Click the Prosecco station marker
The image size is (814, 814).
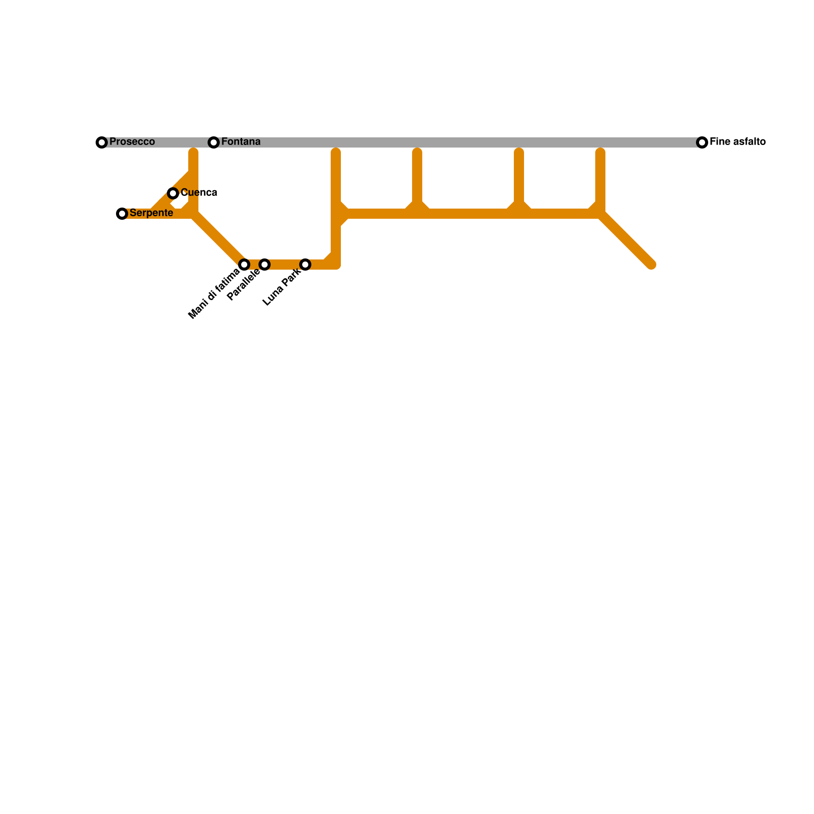[x=102, y=142]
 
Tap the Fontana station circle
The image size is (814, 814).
[x=214, y=142]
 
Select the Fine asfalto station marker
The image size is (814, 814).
[x=702, y=142]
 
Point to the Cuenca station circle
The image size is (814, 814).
[x=173, y=193]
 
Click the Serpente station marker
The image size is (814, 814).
[x=122, y=214]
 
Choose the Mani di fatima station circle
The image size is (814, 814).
[x=244, y=265]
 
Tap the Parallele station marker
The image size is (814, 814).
[x=265, y=265]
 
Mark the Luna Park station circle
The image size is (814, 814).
[x=305, y=265]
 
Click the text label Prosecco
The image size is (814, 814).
[x=132, y=141]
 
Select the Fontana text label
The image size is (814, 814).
[x=241, y=141]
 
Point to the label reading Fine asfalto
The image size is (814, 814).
[x=737, y=141]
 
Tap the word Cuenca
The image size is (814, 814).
[x=199, y=192]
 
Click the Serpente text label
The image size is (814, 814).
[x=151, y=213]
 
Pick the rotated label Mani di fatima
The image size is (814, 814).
[x=214, y=294]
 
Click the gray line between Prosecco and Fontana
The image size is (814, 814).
[x=158, y=142]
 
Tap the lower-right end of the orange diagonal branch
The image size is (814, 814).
[x=651, y=264]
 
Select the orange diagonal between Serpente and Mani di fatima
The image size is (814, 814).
[x=219, y=239]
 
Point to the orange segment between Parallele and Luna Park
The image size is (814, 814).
[x=285, y=265]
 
